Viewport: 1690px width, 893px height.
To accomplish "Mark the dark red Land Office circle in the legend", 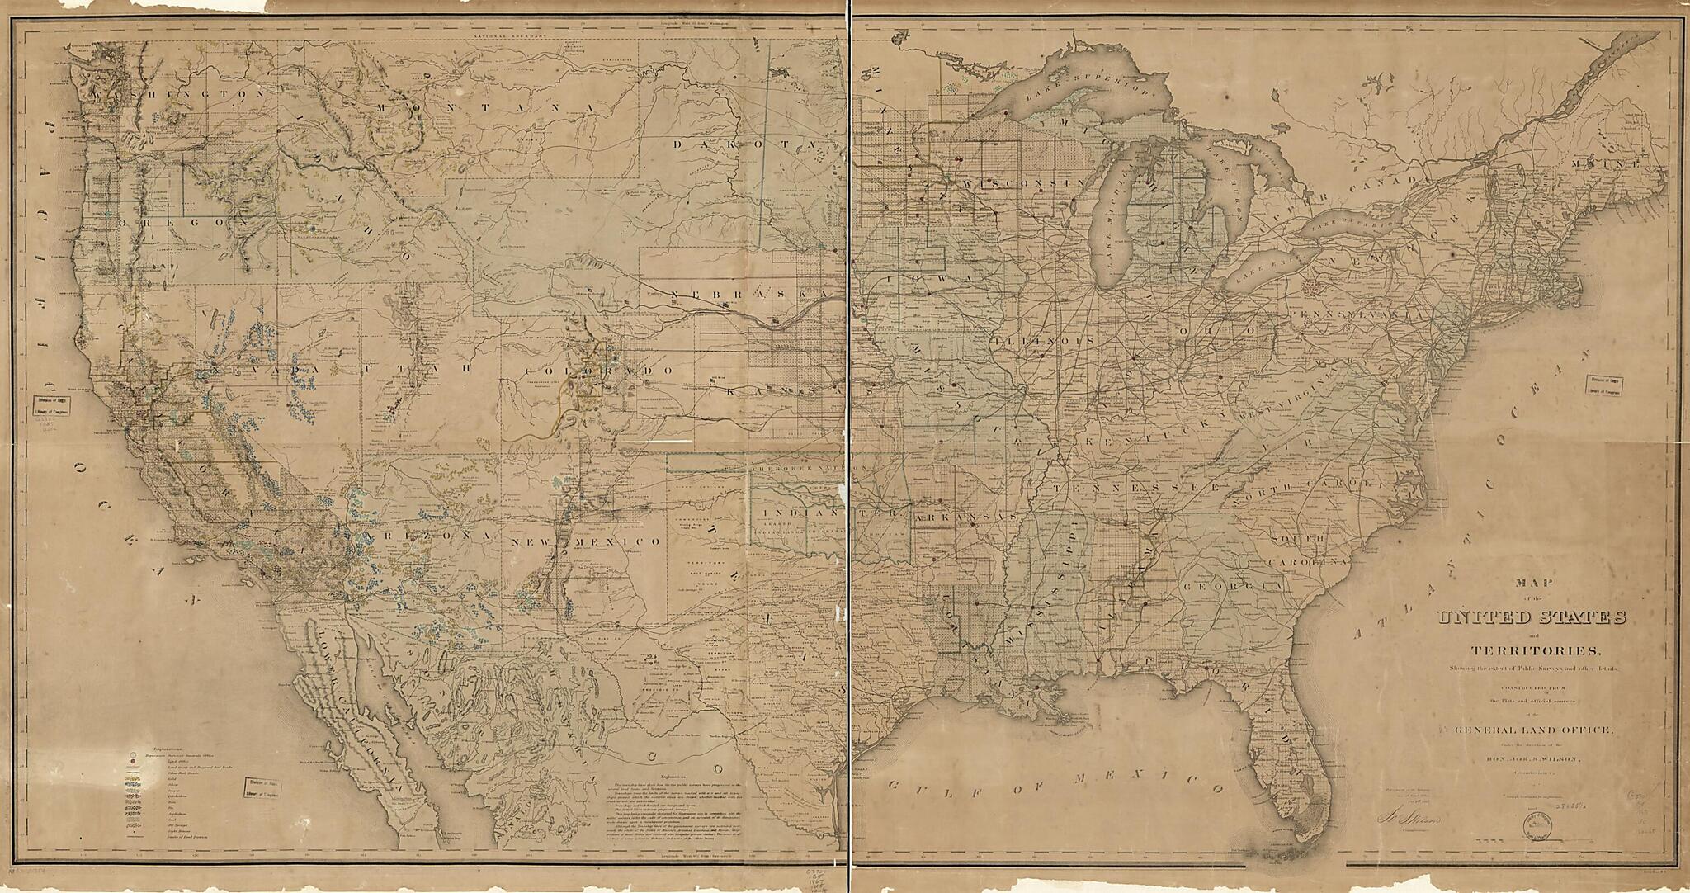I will click(132, 764).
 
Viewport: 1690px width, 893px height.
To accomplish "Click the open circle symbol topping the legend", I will click(132, 754).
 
